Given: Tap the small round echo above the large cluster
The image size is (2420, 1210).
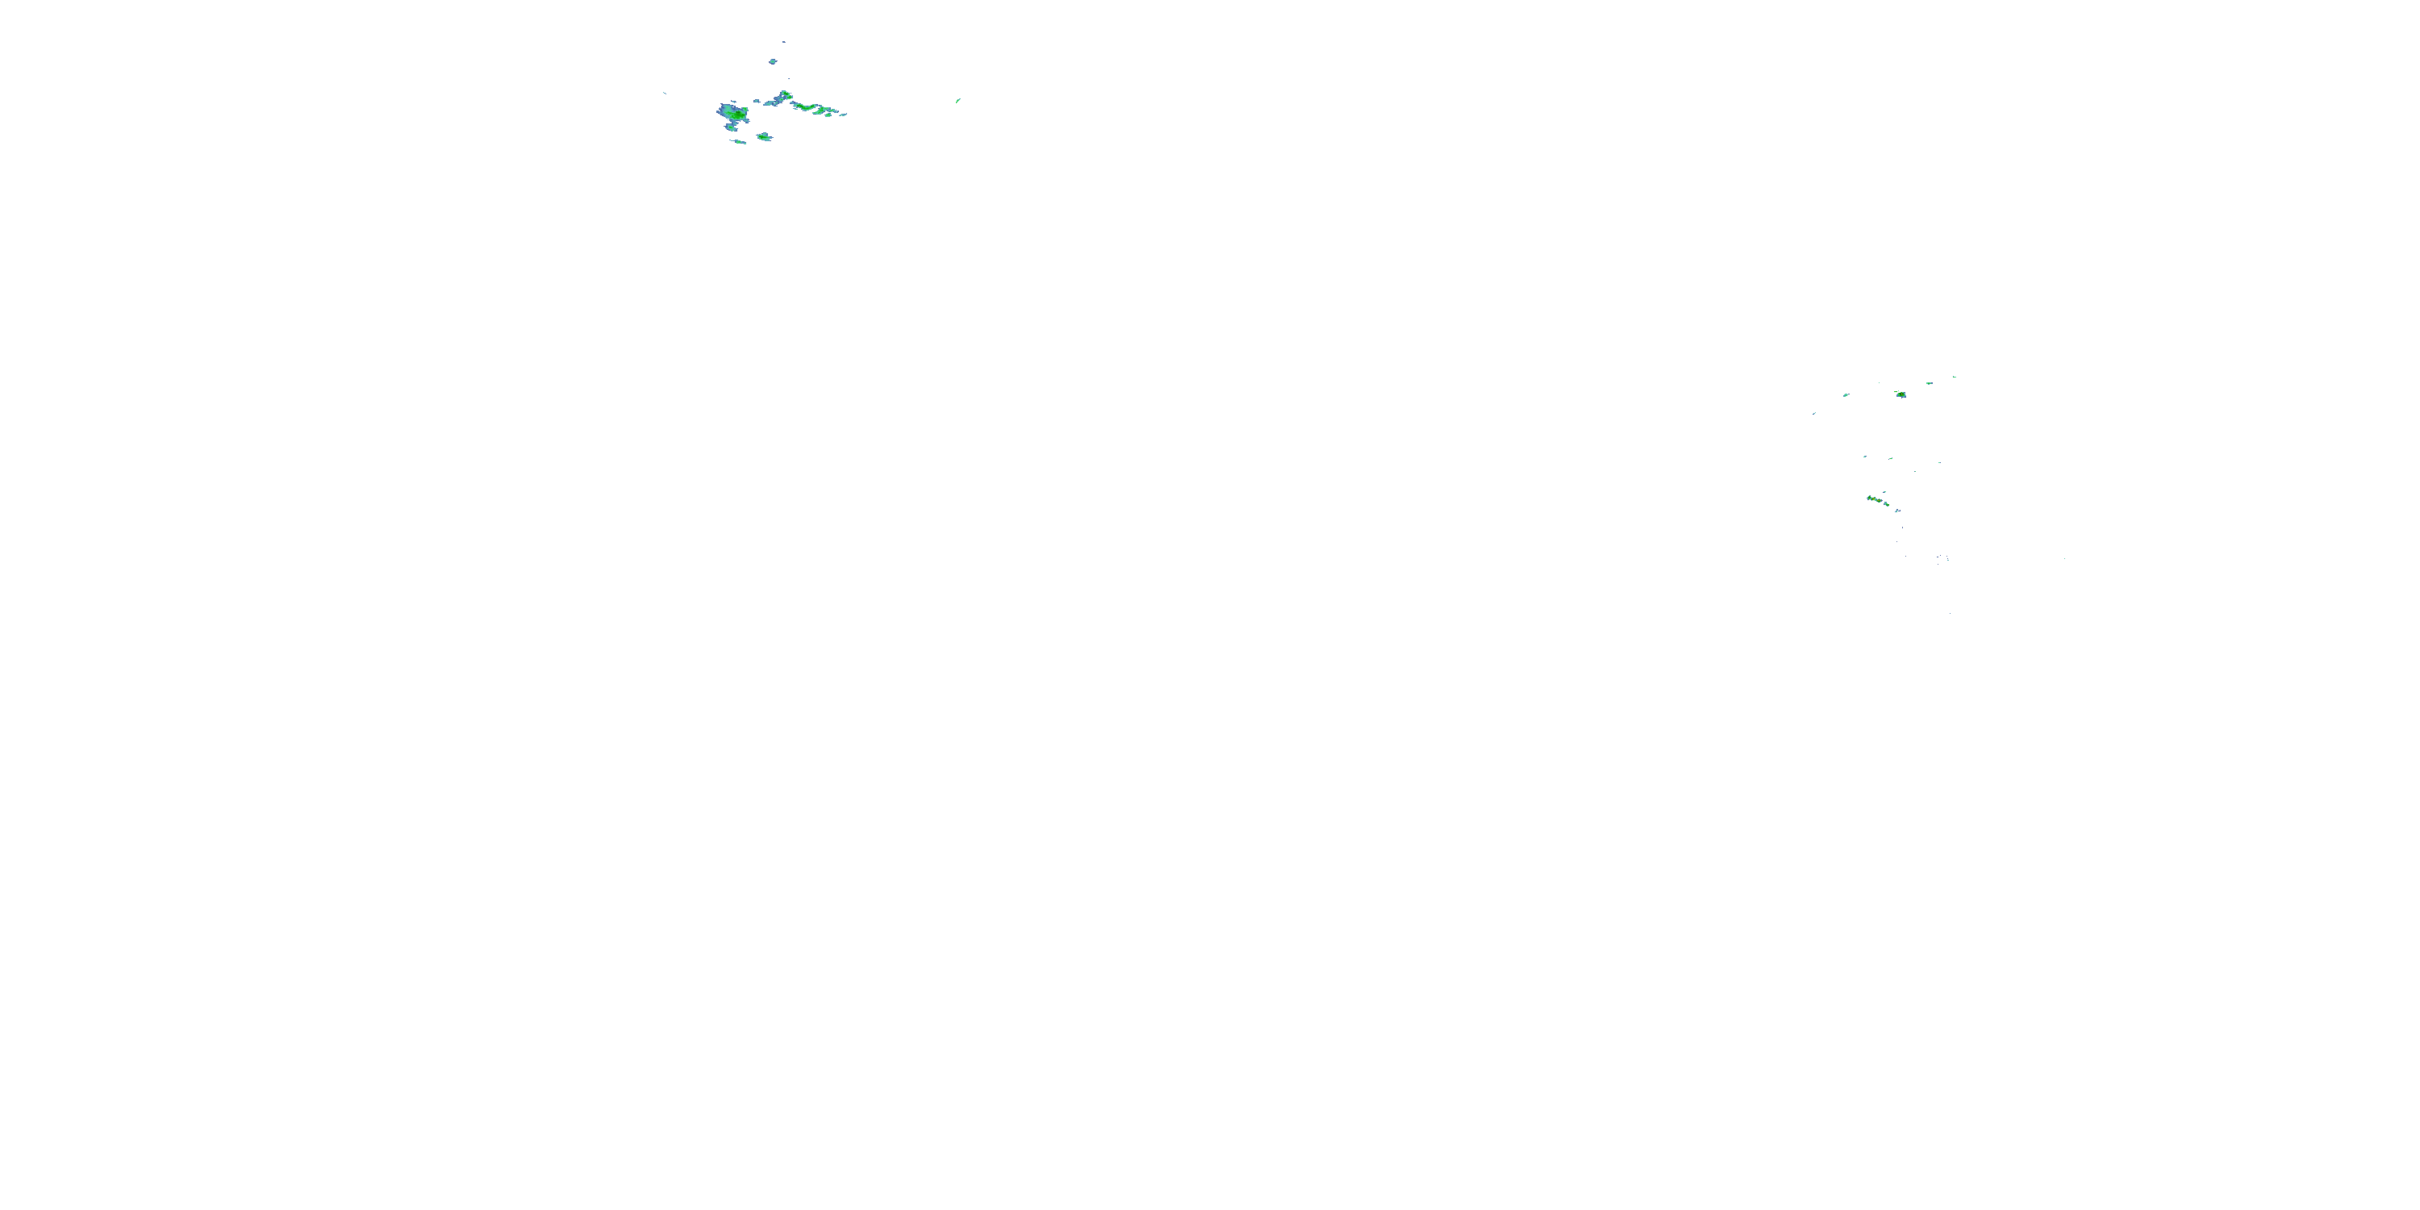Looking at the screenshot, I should click(x=772, y=62).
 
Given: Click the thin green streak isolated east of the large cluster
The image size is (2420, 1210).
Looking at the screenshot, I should click(x=958, y=101).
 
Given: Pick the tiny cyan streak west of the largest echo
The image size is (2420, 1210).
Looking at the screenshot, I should click(x=664, y=93).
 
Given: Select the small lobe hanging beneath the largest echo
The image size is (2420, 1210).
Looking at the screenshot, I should click(x=731, y=127).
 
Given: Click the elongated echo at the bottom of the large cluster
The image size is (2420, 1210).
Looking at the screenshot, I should click(x=738, y=142).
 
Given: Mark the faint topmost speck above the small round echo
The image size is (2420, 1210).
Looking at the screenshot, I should click(x=783, y=42).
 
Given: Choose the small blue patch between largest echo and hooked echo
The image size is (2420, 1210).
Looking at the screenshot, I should click(x=757, y=102).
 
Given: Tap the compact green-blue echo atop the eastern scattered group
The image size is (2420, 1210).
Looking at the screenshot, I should click(x=1901, y=394).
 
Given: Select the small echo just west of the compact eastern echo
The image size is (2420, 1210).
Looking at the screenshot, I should click(x=1846, y=394).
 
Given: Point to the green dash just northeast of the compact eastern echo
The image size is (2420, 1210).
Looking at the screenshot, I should click(x=1929, y=383).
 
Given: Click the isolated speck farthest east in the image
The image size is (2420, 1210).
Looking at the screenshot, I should click(x=2064, y=559).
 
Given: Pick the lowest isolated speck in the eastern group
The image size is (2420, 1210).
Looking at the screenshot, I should click(x=1950, y=613).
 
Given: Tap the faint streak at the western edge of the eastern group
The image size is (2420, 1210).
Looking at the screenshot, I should click(x=1814, y=413).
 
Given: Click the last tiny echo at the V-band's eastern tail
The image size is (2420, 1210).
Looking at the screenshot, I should click(x=844, y=115).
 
